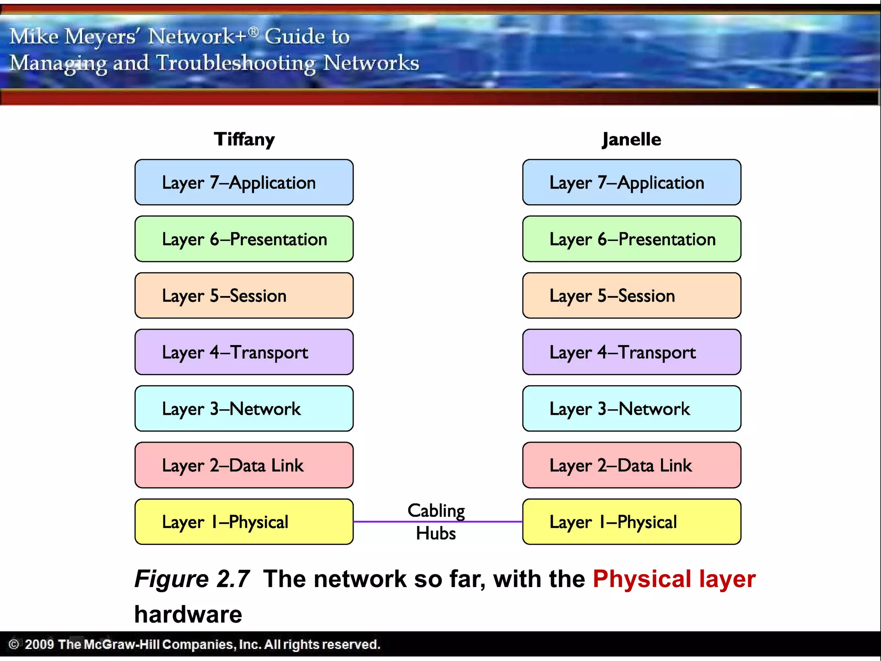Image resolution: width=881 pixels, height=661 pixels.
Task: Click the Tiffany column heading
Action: point(244,139)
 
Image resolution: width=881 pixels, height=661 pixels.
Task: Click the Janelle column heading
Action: point(631,139)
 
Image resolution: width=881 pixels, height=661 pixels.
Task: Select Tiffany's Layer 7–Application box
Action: point(244,182)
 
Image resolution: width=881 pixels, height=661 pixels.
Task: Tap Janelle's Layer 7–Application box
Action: point(631,182)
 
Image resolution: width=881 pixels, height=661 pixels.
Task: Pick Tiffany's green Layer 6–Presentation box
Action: point(244,239)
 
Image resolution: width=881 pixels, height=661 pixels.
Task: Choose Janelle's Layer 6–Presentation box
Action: point(631,239)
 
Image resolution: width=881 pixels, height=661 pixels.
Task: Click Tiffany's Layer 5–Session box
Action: point(244,296)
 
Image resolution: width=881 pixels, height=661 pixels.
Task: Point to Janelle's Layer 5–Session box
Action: point(631,296)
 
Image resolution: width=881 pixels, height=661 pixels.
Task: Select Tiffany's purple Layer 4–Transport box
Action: point(244,352)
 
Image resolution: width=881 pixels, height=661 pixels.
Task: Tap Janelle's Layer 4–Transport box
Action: point(631,352)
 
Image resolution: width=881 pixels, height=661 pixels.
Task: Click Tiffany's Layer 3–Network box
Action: point(244,409)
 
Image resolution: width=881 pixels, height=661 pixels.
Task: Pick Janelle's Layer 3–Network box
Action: point(631,409)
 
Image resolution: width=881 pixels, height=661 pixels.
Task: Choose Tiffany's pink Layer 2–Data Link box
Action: point(244,465)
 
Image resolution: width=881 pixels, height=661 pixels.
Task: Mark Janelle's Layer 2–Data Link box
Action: point(631,465)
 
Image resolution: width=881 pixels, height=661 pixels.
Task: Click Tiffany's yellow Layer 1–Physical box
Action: point(244,522)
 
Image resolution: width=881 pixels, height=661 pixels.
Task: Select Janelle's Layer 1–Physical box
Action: point(631,522)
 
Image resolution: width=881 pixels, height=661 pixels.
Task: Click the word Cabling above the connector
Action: point(436,511)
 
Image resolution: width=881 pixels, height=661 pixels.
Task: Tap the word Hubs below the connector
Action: point(436,534)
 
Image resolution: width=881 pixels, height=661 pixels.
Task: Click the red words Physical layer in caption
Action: point(674,579)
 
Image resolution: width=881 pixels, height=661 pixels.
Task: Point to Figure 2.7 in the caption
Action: point(192,579)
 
